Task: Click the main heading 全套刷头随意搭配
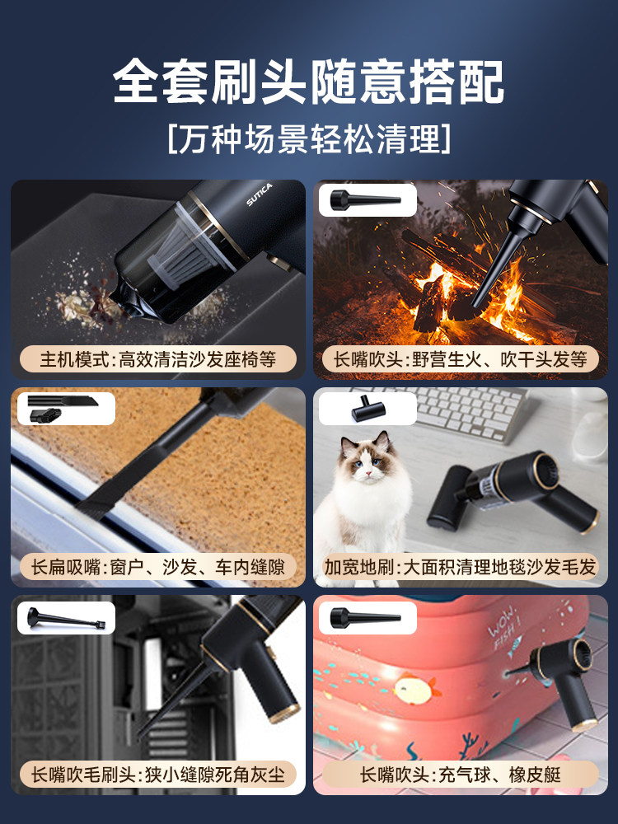pyautogui.click(x=308, y=82)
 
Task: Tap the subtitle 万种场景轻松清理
pyautogui.click(x=309, y=139)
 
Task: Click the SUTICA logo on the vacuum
pyautogui.click(x=260, y=194)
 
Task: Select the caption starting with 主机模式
pyautogui.click(x=158, y=360)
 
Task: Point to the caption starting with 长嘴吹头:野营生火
pyautogui.click(x=461, y=360)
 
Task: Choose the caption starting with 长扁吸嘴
pyautogui.click(x=157, y=568)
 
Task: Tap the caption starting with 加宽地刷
pyautogui.click(x=461, y=568)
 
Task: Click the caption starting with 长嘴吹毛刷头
pyautogui.click(x=157, y=775)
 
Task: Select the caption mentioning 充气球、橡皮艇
pyautogui.click(x=461, y=775)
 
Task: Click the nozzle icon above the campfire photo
pyautogui.click(x=365, y=199)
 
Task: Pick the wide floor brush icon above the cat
pyautogui.click(x=368, y=409)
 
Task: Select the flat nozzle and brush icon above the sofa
pyautogui.click(x=62, y=409)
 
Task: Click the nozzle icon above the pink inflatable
pyautogui.click(x=365, y=617)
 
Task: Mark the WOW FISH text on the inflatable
pyautogui.click(x=504, y=629)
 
